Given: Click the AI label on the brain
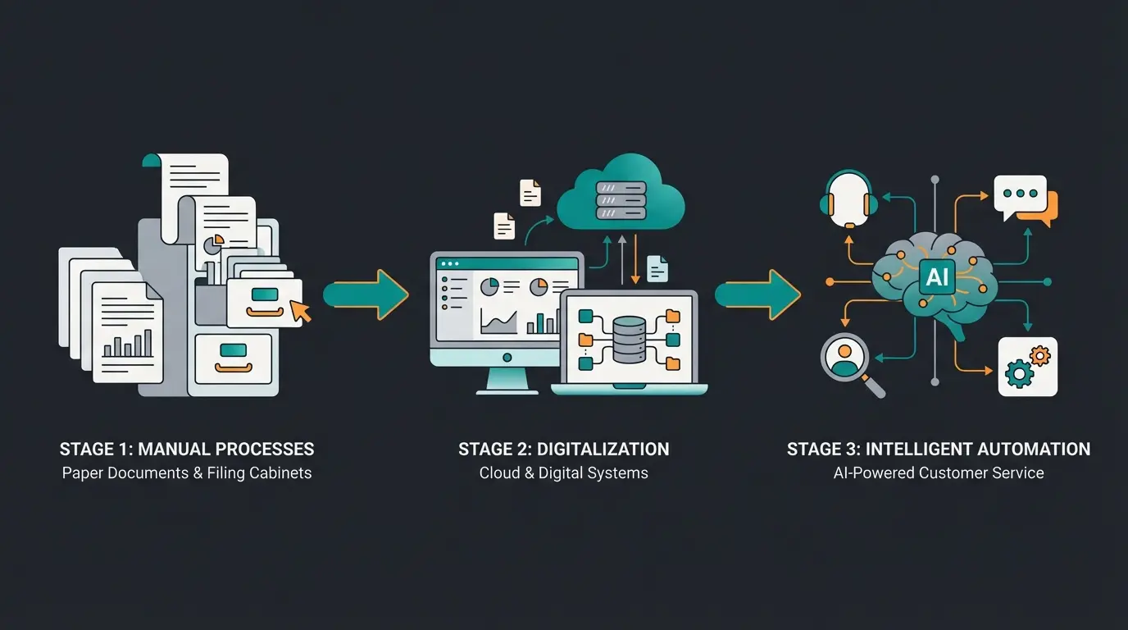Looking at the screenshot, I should (936, 277).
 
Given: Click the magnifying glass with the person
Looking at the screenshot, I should (844, 362).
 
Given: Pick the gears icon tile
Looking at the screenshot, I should (1027, 367).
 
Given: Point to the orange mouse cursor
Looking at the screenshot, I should (301, 311).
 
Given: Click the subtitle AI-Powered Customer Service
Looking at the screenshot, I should (938, 473).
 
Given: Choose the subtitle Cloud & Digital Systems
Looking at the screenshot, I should (563, 473).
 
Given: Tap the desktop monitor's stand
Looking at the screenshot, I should (507, 380).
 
